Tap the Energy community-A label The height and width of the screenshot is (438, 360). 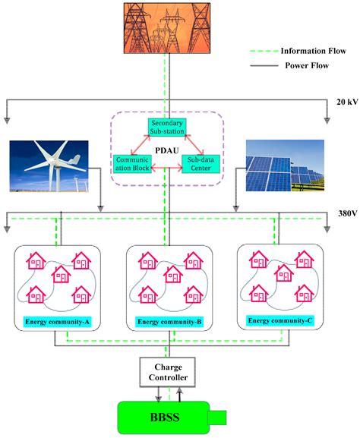56,323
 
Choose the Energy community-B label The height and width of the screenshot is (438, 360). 168,323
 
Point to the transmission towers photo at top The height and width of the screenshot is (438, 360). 168,29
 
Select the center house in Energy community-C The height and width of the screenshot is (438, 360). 284,273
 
